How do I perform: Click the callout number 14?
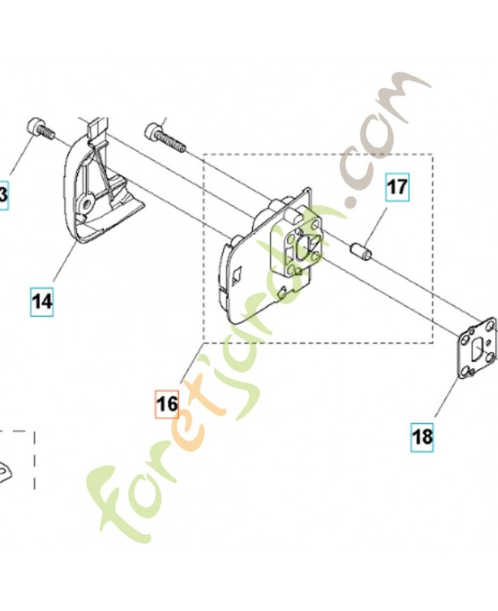[42, 301]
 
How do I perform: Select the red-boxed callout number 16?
[166, 402]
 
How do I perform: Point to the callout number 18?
[422, 436]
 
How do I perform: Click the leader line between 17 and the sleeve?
[381, 221]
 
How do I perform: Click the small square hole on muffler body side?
[239, 270]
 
